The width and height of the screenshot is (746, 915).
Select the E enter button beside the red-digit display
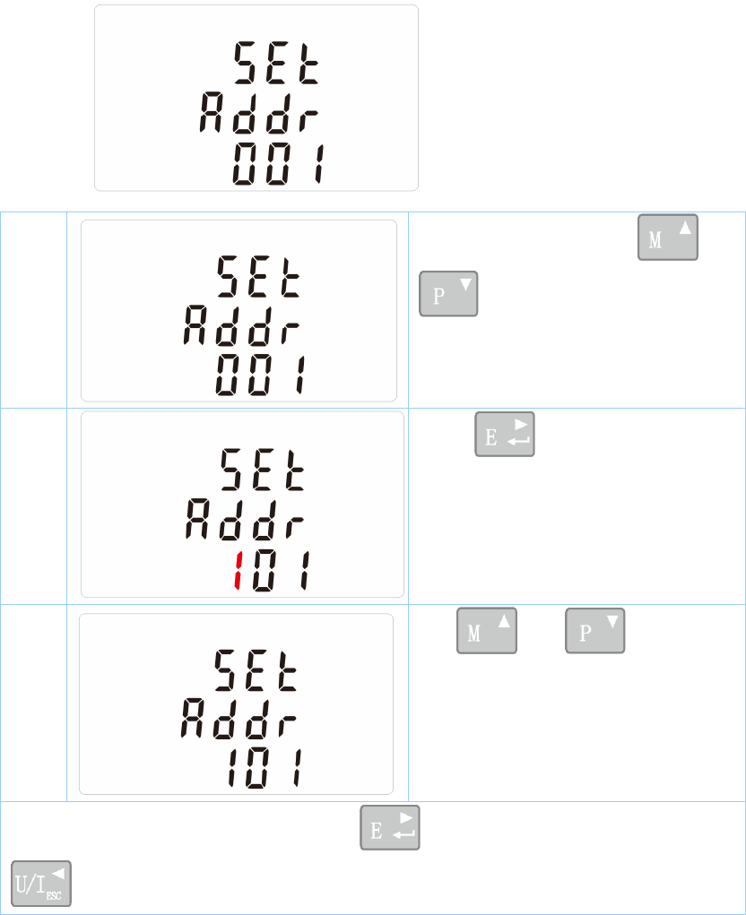pos(505,435)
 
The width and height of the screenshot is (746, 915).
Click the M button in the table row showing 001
pos(668,237)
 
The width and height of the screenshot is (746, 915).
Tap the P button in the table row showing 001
pos(448,293)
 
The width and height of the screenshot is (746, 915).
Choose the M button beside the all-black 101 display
pos(487,631)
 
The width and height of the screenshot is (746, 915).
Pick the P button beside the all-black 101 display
pos(595,631)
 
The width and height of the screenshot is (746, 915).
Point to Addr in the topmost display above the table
pos(259,115)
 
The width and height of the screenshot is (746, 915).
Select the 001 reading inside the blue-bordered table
pos(260,375)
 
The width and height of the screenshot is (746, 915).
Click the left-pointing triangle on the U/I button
pos(59,870)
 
